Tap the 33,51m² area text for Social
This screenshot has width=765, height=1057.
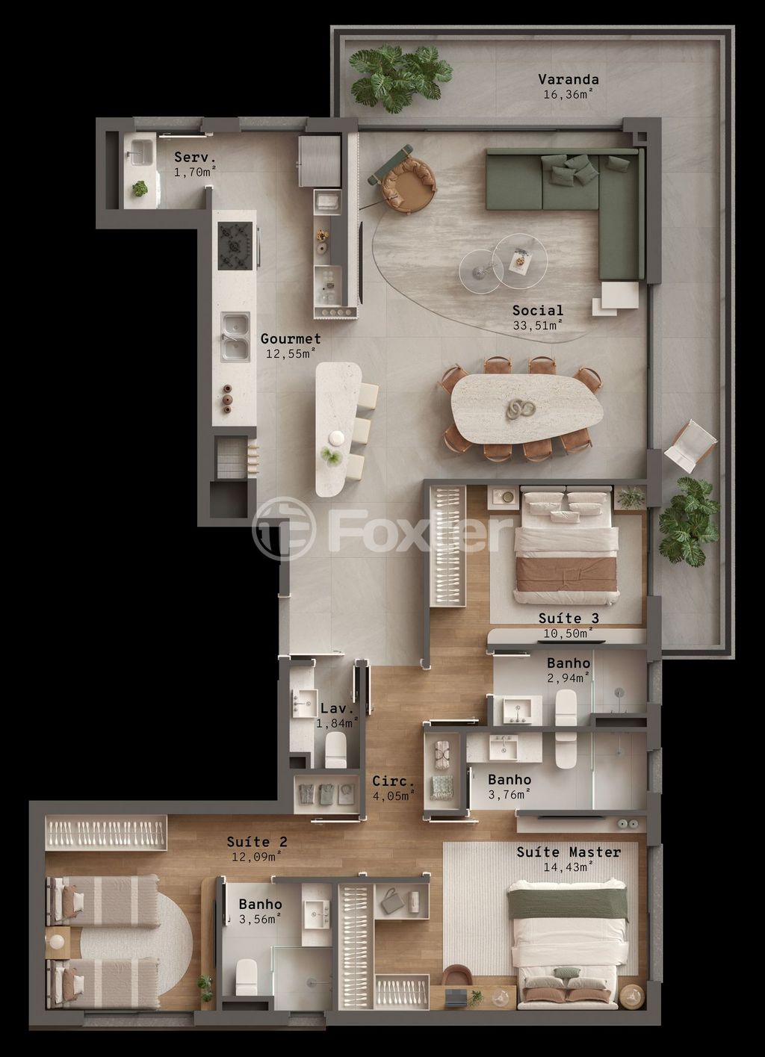tap(537, 325)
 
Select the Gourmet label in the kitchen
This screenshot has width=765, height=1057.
tap(291, 339)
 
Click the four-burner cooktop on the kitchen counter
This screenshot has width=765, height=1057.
tap(235, 245)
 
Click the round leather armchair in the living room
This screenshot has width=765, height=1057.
tap(408, 184)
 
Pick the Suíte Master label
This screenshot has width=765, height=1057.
tap(568, 852)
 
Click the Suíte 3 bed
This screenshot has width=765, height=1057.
tap(566, 545)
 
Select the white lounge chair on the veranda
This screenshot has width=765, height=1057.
tap(691, 444)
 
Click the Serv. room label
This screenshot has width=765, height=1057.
tap(195, 158)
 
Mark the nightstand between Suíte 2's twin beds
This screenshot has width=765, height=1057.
tap(58, 943)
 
